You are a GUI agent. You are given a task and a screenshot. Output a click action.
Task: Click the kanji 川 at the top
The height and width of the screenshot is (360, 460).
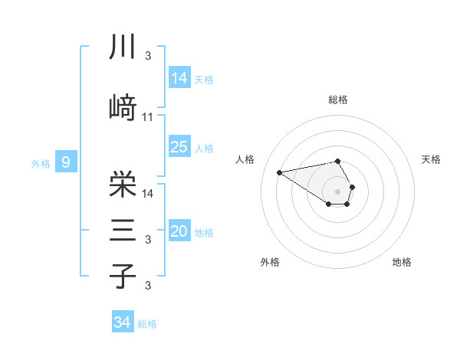coord(123,47)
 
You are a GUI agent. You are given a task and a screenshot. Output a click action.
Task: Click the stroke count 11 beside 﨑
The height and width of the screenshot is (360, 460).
coord(148,117)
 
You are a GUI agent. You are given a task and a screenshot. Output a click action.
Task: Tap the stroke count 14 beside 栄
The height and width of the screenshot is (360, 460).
coord(148,193)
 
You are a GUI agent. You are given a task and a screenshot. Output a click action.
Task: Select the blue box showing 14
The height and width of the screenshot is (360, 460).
coord(179,77)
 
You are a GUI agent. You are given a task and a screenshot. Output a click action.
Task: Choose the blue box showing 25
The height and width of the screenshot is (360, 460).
coord(179,147)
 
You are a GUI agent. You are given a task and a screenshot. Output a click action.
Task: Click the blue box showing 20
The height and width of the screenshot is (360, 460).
coord(179,231)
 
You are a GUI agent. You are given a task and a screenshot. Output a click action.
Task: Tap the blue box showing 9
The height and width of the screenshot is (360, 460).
coord(67,162)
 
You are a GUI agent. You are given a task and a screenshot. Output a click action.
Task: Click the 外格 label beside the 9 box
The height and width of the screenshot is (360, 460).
coord(41,163)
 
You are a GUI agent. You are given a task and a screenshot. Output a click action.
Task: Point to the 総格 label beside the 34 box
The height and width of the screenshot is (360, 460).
coord(148,324)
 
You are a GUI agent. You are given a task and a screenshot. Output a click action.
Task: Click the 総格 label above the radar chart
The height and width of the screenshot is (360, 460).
coord(338,100)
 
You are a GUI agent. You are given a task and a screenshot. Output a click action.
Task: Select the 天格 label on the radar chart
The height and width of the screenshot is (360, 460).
coord(432,159)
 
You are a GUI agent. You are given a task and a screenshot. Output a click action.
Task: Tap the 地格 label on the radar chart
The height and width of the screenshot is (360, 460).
coord(402,262)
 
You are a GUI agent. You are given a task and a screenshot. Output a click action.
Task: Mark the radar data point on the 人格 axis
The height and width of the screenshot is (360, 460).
coord(280,172)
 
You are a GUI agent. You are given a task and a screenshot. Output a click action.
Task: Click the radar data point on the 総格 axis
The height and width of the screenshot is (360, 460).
coord(338,161)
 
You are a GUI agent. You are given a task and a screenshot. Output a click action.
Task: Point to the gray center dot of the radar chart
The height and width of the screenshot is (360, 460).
coord(338,191)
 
